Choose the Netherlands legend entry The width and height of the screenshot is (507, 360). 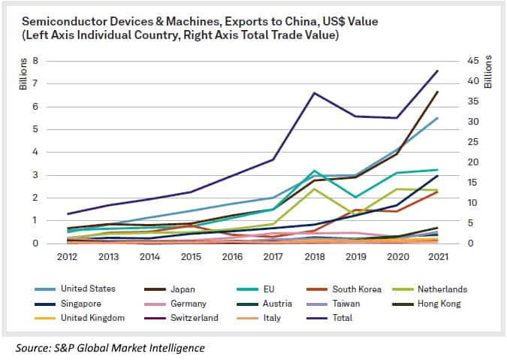click(x=443, y=289)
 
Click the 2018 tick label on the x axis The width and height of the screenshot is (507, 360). click(x=314, y=257)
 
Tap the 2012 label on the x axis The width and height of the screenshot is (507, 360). click(x=68, y=257)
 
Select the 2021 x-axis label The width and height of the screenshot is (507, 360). click(x=437, y=257)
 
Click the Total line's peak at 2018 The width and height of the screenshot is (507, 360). click(x=314, y=92)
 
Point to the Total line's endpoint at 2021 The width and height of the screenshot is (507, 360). click(x=438, y=71)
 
